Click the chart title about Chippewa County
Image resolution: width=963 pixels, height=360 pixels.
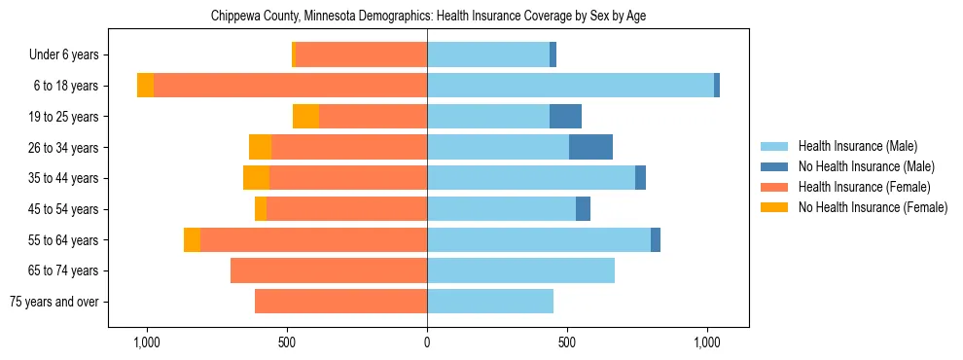coord(428,17)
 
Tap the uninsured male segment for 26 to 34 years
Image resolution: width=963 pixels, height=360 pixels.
coord(590,147)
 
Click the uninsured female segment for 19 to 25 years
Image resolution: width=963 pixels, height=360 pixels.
coord(305,117)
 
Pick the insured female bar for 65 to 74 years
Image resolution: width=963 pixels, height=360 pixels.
coord(329,270)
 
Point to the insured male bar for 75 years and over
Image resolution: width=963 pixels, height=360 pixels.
coord(490,302)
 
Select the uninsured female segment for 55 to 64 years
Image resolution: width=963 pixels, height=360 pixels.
coord(192,239)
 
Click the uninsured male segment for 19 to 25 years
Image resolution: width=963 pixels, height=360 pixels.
coord(565,117)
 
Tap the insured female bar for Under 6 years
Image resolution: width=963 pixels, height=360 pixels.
coord(361,54)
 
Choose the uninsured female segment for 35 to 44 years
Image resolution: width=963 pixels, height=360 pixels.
coord(256,178)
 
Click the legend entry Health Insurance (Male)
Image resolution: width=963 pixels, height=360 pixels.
coord(857,146)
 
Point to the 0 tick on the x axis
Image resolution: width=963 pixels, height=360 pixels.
coord(427,343)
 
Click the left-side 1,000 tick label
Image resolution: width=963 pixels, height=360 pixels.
coord(147,343)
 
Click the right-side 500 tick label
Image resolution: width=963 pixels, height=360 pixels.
coord(567,343)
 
